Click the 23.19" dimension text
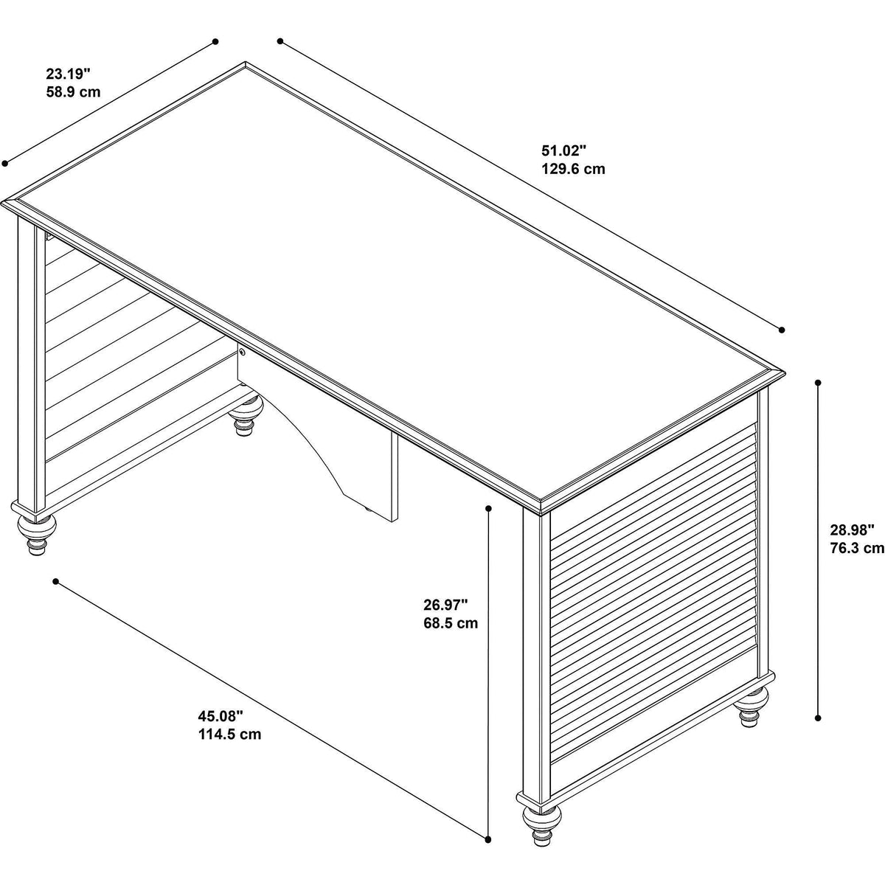68,74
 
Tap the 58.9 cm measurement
73,92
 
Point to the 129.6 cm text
573,169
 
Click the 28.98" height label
852,530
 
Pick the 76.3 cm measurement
857,549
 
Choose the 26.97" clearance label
445,605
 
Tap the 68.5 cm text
451,623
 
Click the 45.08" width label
221,716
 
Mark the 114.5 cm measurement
229,735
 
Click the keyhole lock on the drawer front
242,353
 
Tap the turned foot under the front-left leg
36,534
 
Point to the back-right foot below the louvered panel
751,707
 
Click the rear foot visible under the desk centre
246,412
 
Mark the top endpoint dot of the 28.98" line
818,383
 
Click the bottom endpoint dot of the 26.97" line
488,801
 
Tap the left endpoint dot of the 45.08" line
55,581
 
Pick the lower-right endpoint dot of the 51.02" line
782,330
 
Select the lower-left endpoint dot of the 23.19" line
5,163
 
